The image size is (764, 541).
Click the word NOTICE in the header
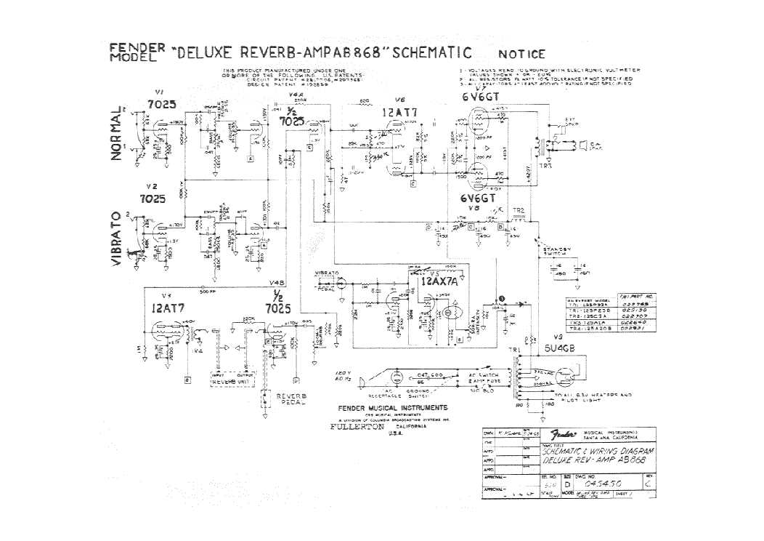(x=521, y=54)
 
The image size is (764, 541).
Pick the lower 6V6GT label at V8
(x=477, y=198)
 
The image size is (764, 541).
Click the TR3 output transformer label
(x=546, y=167)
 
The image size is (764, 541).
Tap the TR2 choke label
(x=518, y=211)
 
